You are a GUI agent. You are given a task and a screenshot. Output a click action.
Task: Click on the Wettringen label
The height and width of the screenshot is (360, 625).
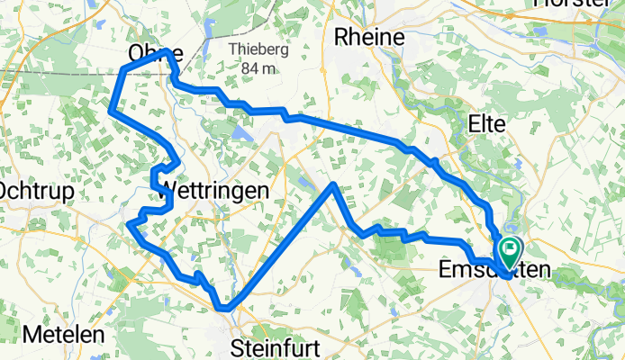[x=213, y=192]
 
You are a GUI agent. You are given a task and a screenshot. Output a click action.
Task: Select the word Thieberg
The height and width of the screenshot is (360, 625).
[x=258, y=50]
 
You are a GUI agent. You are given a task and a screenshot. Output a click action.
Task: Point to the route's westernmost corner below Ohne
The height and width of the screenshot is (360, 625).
[x=111, y=112]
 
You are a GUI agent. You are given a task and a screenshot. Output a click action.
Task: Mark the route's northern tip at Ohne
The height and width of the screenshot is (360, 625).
[x=166, y=52]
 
